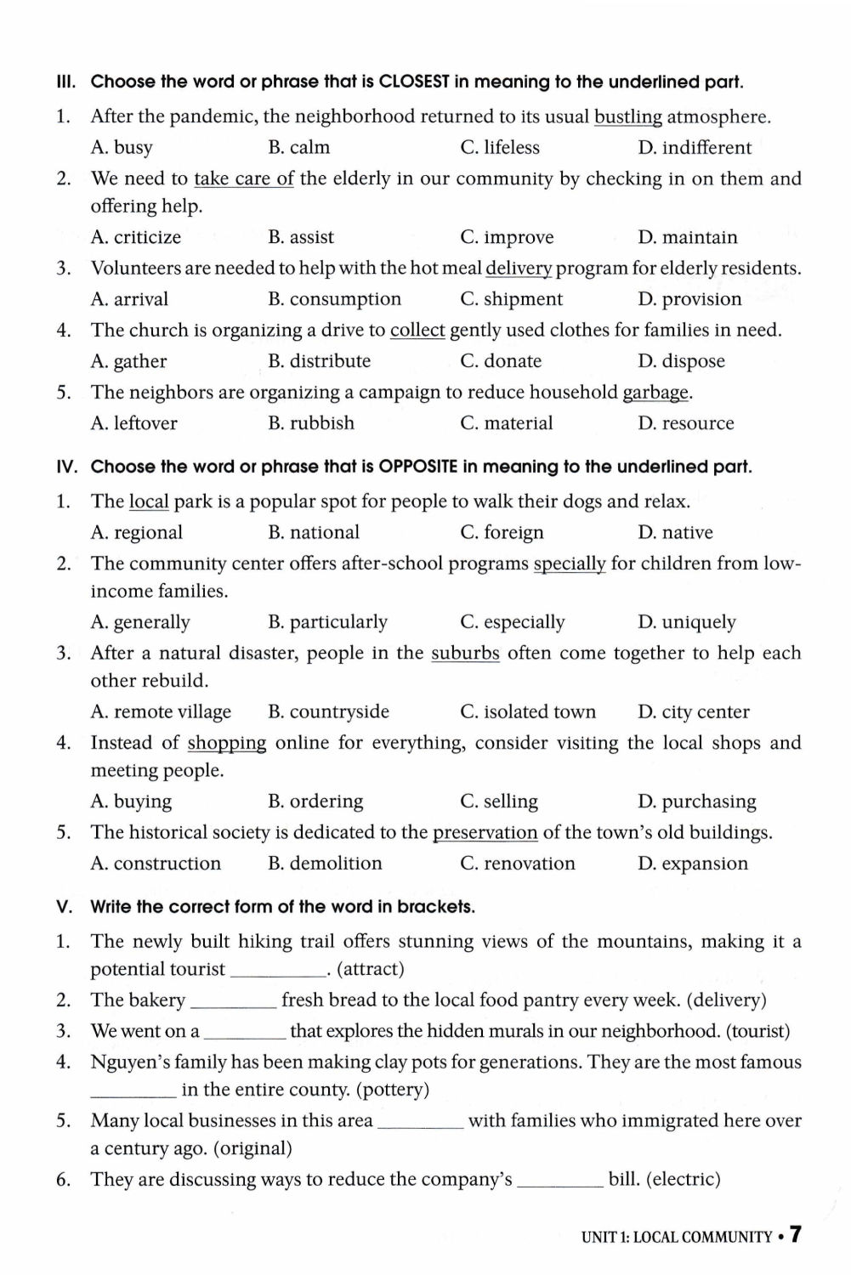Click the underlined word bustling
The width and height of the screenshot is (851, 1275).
pyautogui.click(x=627, y=117)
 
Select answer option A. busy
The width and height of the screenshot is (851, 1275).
pyautogui.click(x=122, y=148)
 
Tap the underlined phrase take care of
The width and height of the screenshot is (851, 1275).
pyautogui.click(x=244, y=179)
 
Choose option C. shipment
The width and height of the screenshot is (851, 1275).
pyautogui.click(x=511, y=299)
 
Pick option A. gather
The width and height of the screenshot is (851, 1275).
pyautogui.click(x=128, y=361)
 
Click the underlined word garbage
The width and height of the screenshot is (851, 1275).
pyautogui.click(x=655, y=393)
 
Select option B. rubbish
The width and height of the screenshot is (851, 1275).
pyautogui.click(x=310, y=423)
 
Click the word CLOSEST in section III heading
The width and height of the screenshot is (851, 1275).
pyautogui.click(x=414, y=82)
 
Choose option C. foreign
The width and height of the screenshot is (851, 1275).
pyautogui.click(x=502, y=533)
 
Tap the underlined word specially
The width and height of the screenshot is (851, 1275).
pyautogui.click(x=570, y=564)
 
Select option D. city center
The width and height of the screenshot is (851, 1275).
pyautogui.click(x=693, y=712)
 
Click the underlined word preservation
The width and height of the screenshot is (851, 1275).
pyautogui.click(x=485, y=833)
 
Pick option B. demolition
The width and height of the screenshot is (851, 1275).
pyautogui.click(x=325, y=864)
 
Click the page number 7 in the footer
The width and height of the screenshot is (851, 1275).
pyautogui.click(x=795, y=1235)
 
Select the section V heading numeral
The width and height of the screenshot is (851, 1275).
pyautogui.click(x=64, y=907)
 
